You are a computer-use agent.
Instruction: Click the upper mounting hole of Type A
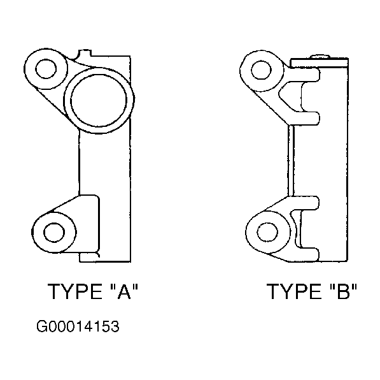(x=46, y=69)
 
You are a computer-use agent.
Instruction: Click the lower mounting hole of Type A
(x=54, y=232)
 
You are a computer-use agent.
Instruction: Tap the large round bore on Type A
(x=99, y=100)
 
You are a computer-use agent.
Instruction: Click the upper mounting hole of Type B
(x=261, y=70)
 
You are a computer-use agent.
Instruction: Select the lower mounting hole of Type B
(x=267, y=232)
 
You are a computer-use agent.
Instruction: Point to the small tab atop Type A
(x=84, y=53)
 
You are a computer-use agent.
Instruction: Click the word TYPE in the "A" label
(x=75, y=291)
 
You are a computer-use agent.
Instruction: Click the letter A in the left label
(x=124, y=291)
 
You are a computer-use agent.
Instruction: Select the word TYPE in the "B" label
(x=294, y=291)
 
